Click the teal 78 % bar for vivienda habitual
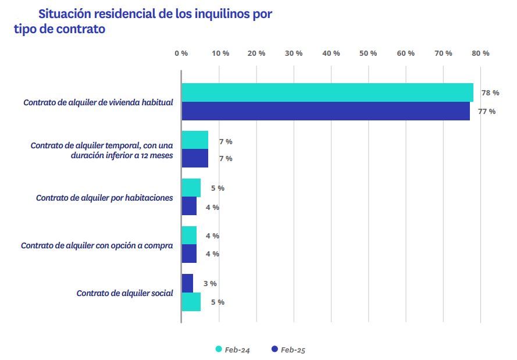[327, 92]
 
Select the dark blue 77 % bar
[326, 111]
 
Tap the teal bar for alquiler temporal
[195, 140]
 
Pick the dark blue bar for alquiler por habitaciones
[189, 206]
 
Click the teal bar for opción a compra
[189, 236]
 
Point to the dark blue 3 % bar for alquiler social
[187, 283]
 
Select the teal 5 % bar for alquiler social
[191, 302]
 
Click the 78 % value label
[490, 93]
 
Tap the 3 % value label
[210, 284]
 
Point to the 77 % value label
[487, 112]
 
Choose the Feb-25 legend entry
[288, 350]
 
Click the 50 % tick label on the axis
[368, 54]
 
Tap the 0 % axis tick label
[181, 54]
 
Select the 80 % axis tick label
[480, 54]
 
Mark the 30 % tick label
[294, 54]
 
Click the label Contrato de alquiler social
[124, 293]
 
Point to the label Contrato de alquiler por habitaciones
[104, 198]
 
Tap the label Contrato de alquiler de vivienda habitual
[98, 102]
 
